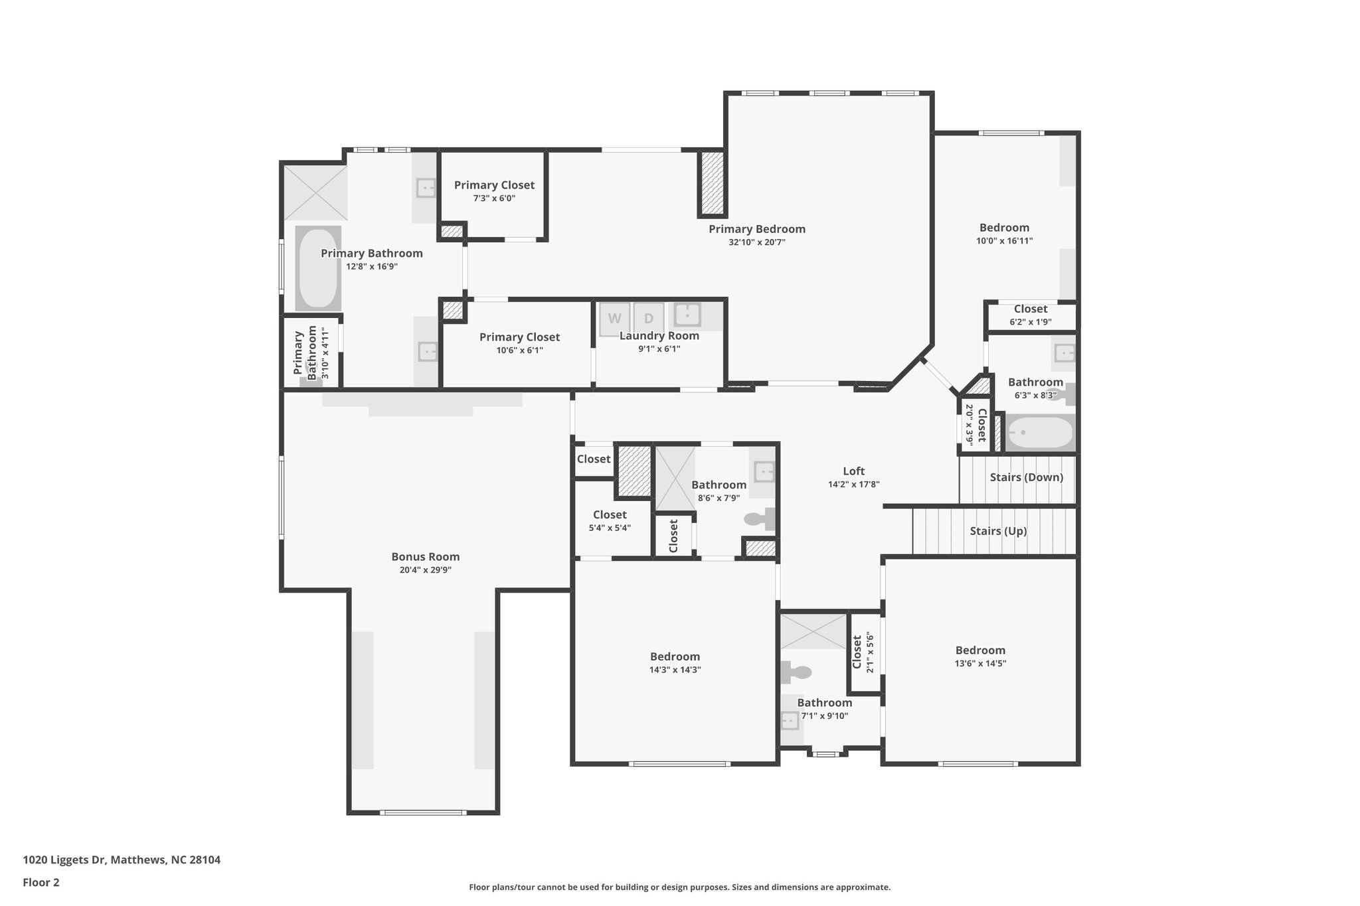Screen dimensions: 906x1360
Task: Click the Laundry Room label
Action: [659, 336]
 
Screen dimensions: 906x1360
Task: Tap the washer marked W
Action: [615, 319]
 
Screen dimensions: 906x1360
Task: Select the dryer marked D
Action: [648, 319]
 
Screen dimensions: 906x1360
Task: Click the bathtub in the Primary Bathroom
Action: [317, 268]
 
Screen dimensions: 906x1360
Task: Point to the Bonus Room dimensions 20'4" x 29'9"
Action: [425, 570]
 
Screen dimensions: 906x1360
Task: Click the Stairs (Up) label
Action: [997, 531]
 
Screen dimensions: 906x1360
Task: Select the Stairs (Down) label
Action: [1026, 477]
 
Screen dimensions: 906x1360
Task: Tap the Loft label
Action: [853, 471]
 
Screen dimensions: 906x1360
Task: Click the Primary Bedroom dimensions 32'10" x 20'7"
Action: [756, 242]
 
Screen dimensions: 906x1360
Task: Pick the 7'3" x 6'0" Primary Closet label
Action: [494, 185]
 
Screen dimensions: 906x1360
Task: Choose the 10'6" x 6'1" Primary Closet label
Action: [519, 337]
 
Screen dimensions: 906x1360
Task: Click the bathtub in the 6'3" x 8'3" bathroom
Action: [1039, 433]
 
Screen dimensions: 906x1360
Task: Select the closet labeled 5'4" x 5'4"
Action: [610, 515]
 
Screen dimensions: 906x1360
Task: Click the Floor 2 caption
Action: [41, 882]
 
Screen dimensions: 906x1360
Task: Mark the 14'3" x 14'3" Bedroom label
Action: [675, 657]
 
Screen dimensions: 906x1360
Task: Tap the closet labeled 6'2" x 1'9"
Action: [1030, 309]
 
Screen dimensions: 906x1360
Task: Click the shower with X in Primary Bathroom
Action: [315, 192]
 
